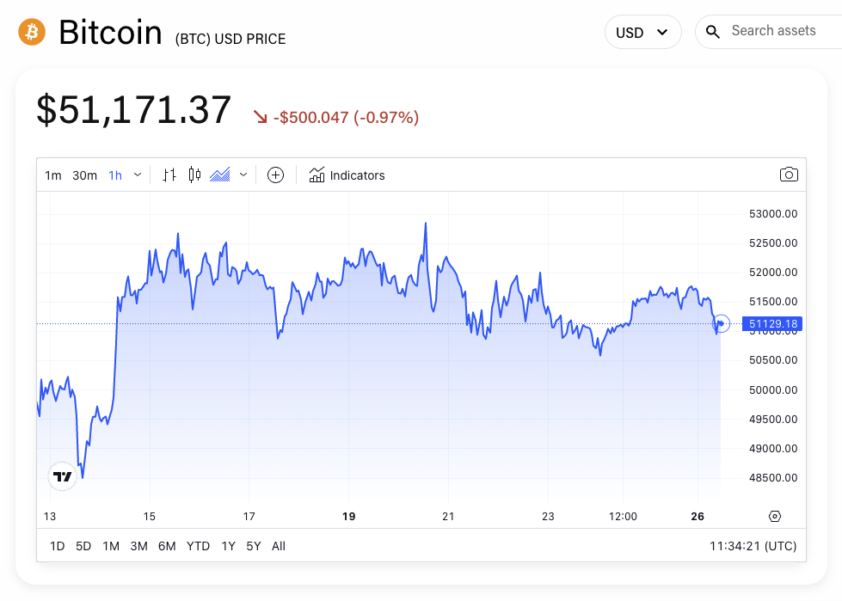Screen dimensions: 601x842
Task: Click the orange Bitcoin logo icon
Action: tap(32, 33)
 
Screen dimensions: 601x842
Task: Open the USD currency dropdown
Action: tap(642, 33)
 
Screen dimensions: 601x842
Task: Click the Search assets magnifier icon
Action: tap(713, 33)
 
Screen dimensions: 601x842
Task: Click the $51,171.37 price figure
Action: tap(134, 111)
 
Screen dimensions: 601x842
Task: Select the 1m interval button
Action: tap(53, 175)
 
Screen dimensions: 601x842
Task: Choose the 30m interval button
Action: tap(84, 175)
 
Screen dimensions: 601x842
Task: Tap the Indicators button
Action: tap(347, 175)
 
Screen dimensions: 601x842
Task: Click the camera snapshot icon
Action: tap(789, 175)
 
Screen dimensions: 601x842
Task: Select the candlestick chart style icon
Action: tap(194, 175)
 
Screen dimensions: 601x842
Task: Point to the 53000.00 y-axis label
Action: tap(773, 214)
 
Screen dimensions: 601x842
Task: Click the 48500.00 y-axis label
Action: tap(773, 478)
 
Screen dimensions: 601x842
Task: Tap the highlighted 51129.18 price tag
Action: tap(773, 324)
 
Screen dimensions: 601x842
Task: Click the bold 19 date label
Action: tap(348, 517)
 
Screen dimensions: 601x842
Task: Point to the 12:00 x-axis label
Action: tap(623, 517)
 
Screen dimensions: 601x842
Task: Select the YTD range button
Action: tap(199, 546)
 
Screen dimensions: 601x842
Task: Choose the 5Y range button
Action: tap(254, 546)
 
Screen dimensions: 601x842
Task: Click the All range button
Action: tap(279, 546)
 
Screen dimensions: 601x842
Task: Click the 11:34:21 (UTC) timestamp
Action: tap(753, 546)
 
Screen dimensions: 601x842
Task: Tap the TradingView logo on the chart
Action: tap(63, 475)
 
